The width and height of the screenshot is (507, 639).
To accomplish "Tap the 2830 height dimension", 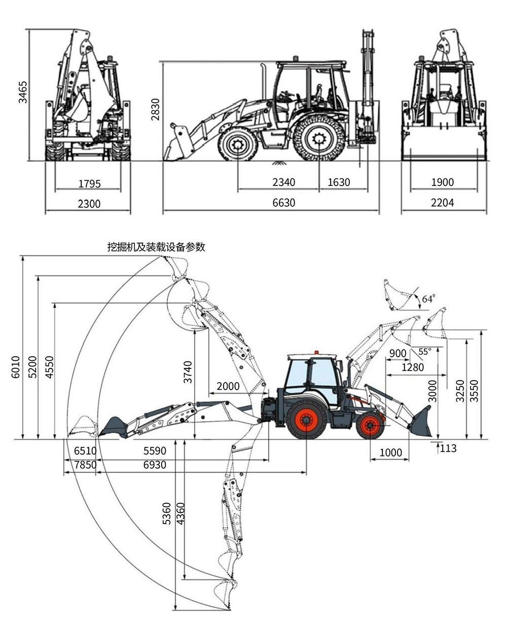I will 156,109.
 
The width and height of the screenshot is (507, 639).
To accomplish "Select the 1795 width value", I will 89,183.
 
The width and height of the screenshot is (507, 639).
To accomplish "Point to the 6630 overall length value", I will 283,203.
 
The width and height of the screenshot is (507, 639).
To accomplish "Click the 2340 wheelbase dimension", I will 283,182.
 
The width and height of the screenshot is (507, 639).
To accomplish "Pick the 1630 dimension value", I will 339,182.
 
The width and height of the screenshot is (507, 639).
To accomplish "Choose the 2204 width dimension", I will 442,203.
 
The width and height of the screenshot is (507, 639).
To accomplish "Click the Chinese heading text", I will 156,247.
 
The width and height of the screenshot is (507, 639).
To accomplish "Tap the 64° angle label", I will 428,299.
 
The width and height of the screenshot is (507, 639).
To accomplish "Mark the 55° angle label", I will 424,351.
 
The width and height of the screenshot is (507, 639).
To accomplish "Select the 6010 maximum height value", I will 15,367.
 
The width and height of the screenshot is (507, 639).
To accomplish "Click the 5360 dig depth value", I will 167,513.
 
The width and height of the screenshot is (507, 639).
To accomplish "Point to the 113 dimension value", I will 448,448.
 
